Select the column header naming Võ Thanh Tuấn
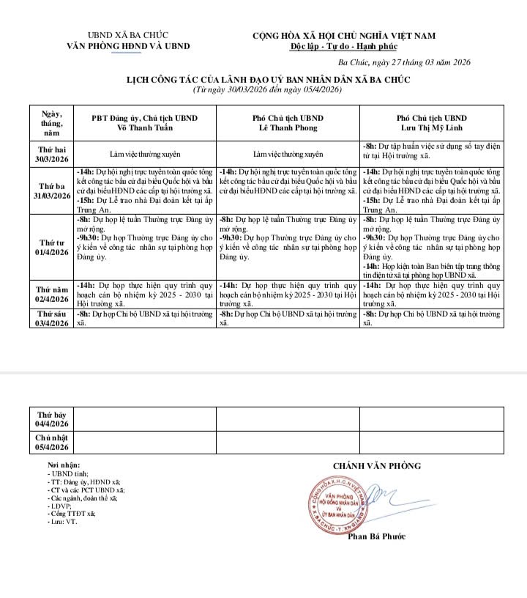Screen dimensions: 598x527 click(x=144, y=123)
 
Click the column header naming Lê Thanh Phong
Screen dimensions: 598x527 click(x=288, y=123)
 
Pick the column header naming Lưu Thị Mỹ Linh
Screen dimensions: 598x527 click(x=431, y=123)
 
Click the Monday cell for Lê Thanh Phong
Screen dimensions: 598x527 click(x=288, y=155)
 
